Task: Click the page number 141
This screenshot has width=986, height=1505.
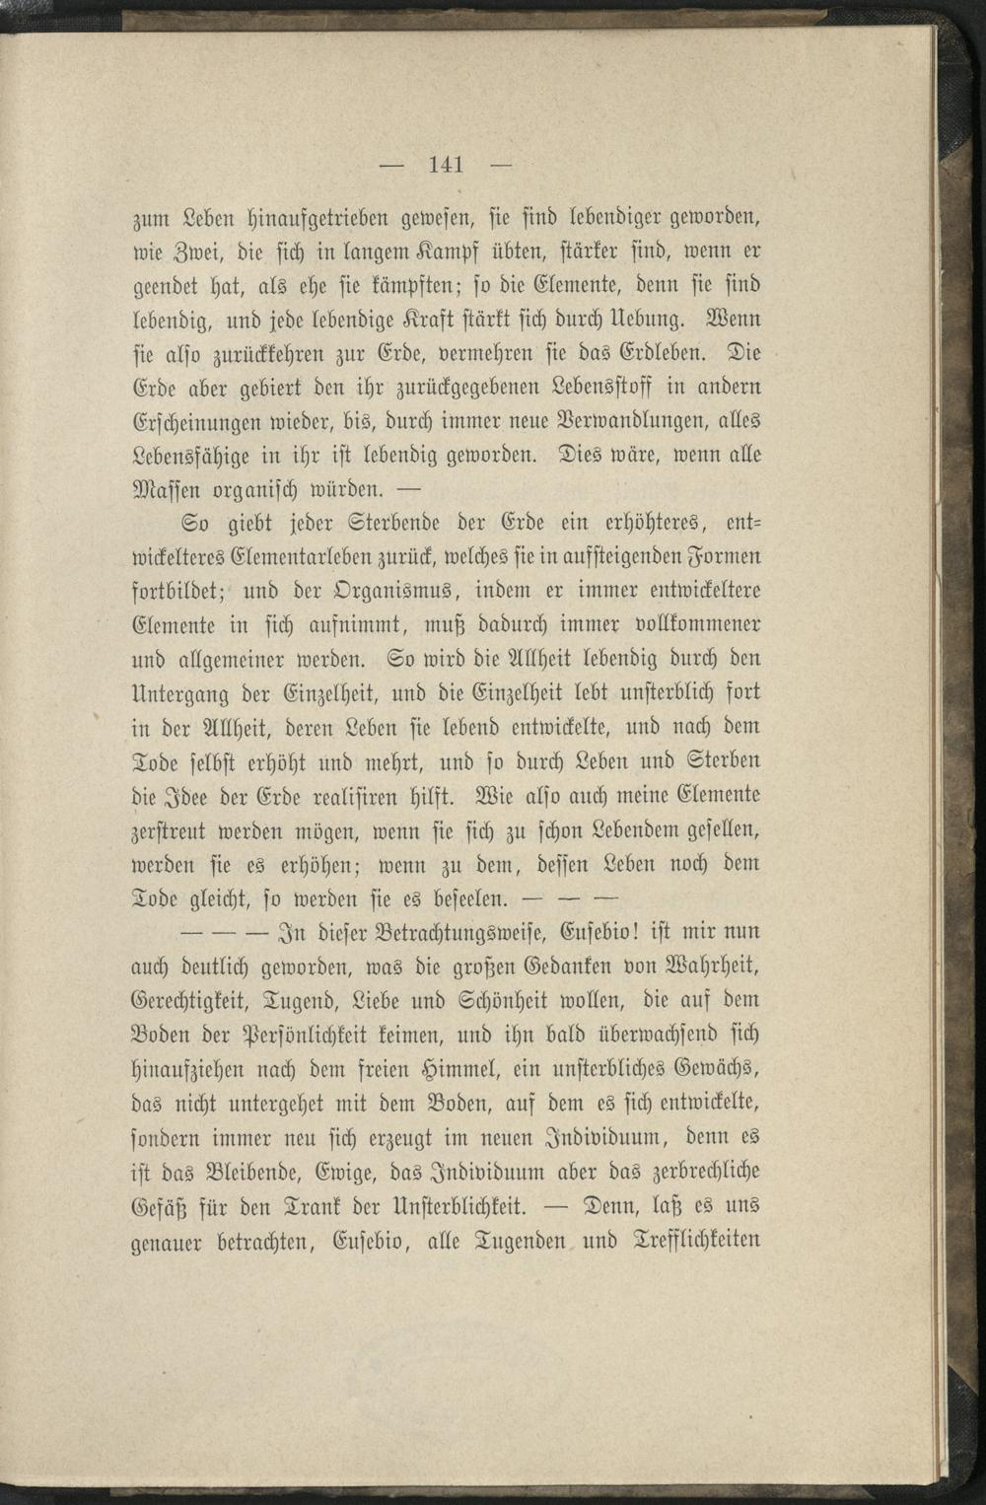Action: pyautogui.click(x=447, y=165)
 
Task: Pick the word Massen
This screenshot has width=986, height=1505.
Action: pyautogui.click(x=167, y=491)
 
